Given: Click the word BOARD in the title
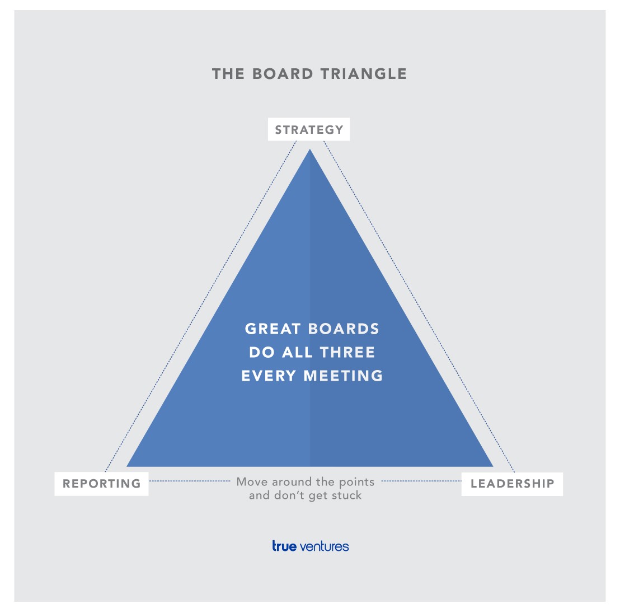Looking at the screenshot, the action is tap(283, 74).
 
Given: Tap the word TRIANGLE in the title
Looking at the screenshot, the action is tap(363, 74).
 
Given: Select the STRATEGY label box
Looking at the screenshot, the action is tap(309, 129).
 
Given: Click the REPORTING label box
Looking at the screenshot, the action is tap(102, 483).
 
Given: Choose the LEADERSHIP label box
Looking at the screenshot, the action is tap(512, 484).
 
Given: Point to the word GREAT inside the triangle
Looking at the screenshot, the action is tap(273, 329).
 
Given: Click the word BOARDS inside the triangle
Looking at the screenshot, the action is tap(343, 329).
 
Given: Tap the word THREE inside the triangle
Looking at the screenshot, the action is tap(347, 352).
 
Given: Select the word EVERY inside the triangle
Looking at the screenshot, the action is tap(269, 376).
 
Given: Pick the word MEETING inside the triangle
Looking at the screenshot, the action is tap(343, 376).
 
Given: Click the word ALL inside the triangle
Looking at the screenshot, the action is tap(297, 352).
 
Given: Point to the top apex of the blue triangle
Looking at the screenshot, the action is tap(310, 149).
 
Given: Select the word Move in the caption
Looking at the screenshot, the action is tap(252, 481).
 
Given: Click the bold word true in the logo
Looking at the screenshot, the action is tap(284, 546).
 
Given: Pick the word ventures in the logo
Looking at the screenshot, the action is tap(324, 547).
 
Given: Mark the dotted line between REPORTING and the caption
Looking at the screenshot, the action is tap(190, 481).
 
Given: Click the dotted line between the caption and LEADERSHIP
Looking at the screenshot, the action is tap(421, 481).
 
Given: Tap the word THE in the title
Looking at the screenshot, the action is tap(228, 74).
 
